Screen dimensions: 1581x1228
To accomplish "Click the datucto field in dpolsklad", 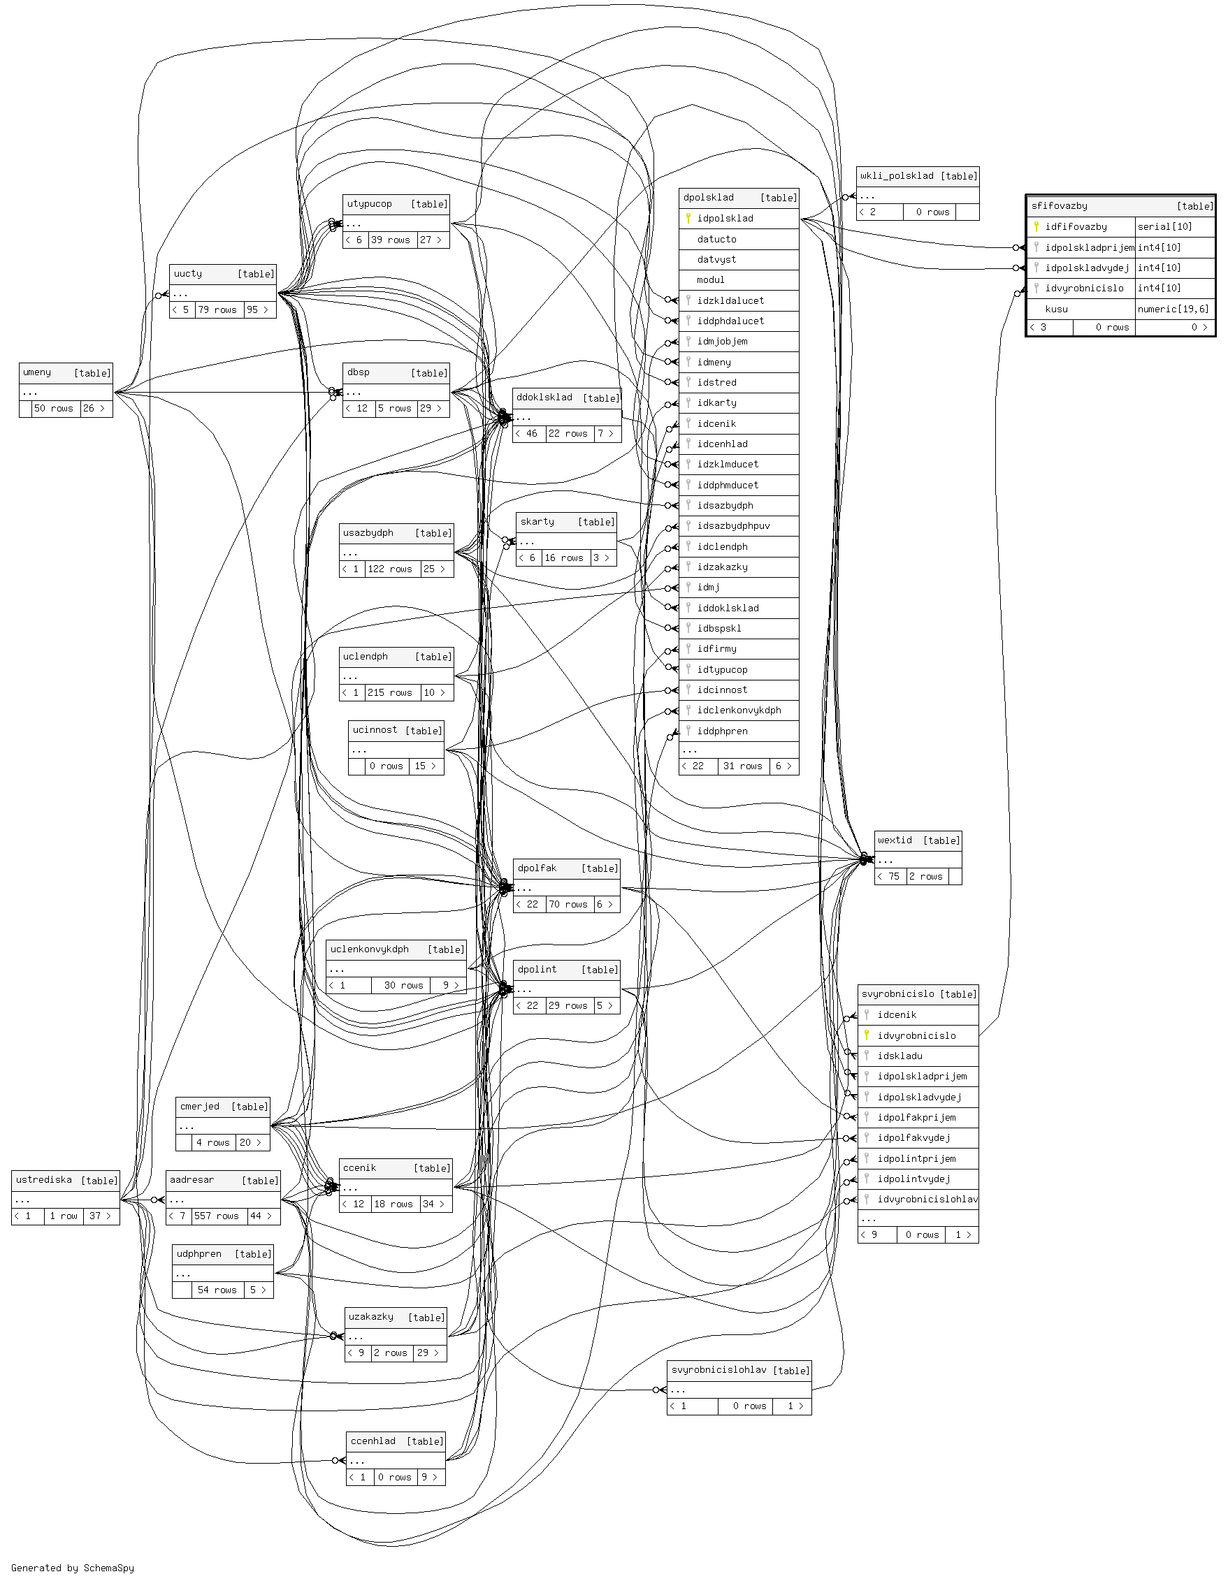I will (x=716, y=239).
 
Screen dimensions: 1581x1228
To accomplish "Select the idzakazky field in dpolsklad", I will (x=722, y=567).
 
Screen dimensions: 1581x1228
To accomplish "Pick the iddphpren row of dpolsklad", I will (x=722, y=731).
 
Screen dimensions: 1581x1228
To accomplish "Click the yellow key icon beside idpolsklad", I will (x=688, y=218).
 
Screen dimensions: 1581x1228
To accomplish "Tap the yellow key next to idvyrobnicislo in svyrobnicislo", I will (x=867, y=1035).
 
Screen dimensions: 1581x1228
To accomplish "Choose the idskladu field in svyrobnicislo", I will (x=900, y=1056).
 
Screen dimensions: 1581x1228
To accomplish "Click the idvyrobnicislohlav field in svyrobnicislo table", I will (x=927, y=1199).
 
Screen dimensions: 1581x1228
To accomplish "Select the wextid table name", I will (x=895, y=840).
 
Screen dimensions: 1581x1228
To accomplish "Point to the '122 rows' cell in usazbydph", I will (x=389, y=569).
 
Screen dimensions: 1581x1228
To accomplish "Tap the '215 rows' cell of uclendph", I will (x=389, y=693).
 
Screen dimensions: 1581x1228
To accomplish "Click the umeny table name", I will (x=37, y=372).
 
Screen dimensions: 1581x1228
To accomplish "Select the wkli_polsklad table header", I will (x=897, y=175).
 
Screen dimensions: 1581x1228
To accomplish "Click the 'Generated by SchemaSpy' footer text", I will (x=73, y=1567).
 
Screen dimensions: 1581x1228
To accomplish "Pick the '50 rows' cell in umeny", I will (x=54, y=408).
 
